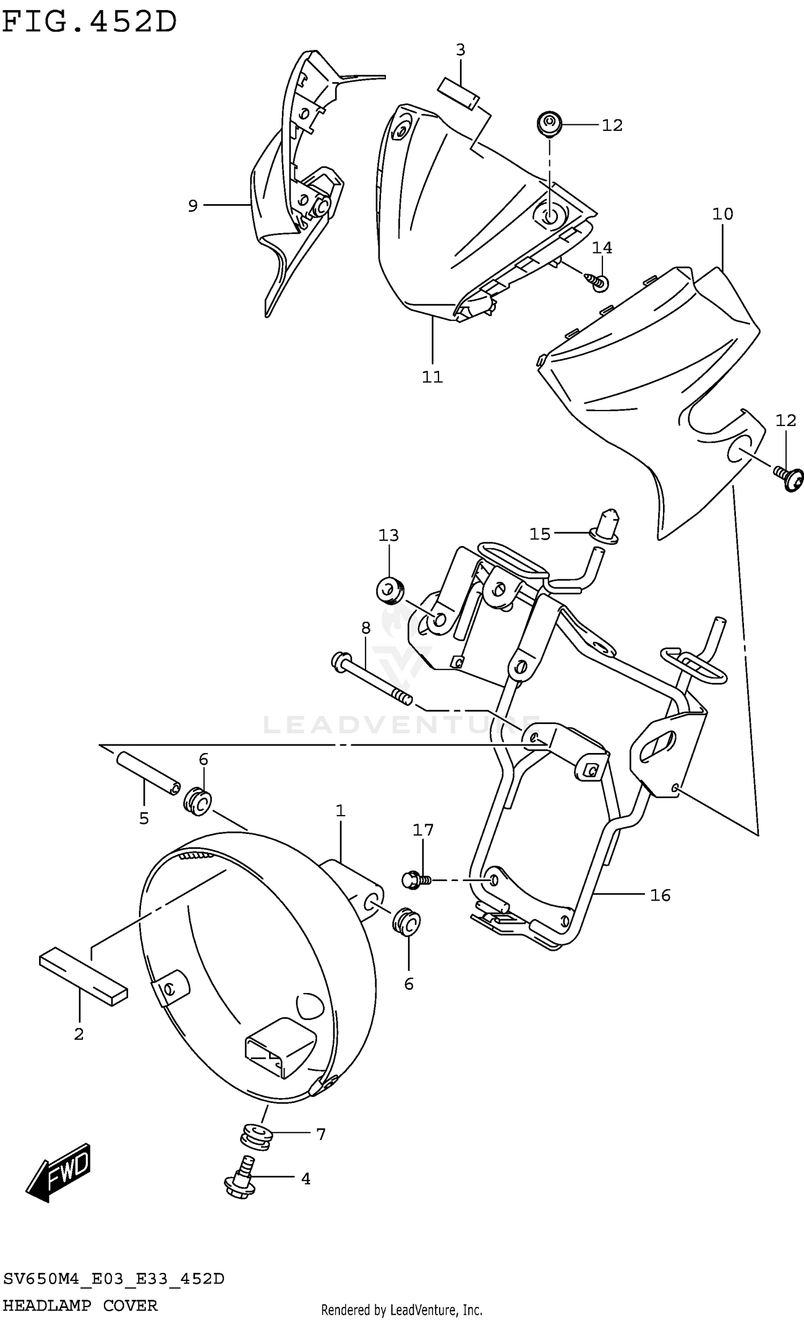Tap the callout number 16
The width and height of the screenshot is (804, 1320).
[660, 895]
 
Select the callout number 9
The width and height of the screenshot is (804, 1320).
[193, 205]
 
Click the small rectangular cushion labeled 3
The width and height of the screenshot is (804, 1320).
[459, 93]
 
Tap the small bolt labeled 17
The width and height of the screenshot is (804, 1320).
[415, 880]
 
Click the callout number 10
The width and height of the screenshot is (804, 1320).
[722, 214]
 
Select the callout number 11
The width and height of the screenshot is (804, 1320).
[432, 377]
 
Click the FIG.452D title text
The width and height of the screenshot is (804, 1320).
[89, 23]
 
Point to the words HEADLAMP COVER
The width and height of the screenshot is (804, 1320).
[80, 1306]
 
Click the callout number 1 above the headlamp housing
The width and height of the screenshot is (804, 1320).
[340, 811]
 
